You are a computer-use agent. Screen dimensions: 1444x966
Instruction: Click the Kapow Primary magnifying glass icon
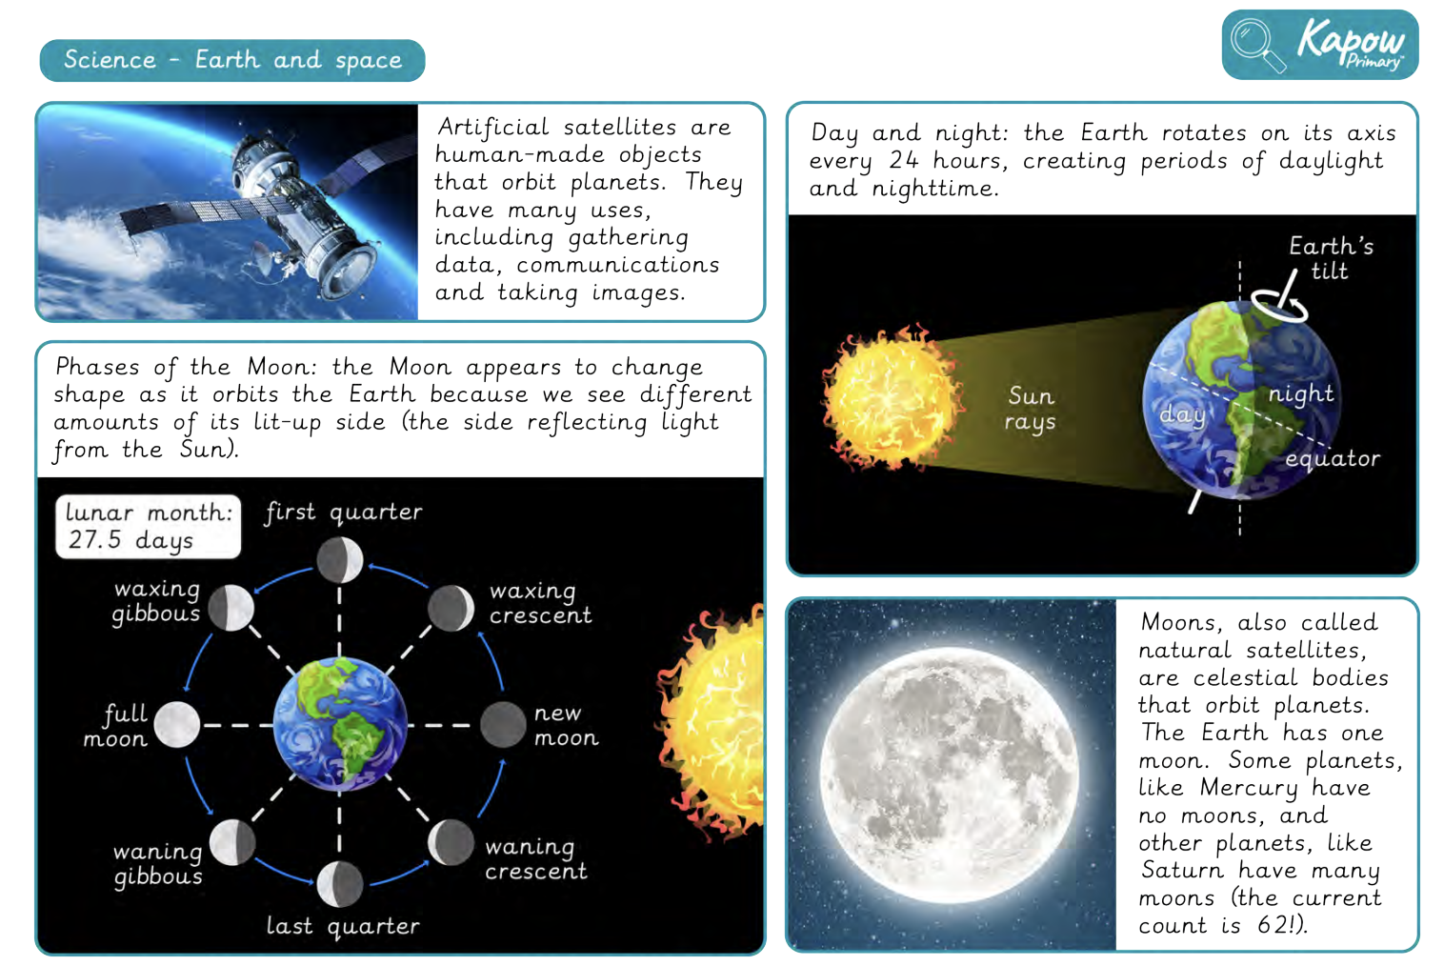1257,45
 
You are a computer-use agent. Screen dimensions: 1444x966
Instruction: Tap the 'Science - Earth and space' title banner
232,60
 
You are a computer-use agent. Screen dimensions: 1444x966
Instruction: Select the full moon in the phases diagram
176,725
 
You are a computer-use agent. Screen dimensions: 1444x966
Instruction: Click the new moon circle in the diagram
503,725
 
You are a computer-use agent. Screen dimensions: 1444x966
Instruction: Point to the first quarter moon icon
340,560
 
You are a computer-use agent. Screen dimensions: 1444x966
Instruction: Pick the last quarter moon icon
340,883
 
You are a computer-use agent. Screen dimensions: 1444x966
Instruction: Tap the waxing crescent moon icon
451,608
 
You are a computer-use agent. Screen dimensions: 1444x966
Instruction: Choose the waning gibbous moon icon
232,842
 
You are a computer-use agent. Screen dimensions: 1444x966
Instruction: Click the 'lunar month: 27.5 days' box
149,526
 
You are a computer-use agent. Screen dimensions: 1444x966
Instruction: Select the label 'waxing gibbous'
156,601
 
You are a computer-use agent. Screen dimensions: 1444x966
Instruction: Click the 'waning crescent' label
536,858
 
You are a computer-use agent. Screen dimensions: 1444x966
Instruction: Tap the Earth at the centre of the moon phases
340,723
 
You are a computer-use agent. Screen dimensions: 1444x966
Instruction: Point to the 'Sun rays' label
1031,408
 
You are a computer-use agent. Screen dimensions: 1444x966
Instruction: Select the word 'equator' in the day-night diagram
1333,459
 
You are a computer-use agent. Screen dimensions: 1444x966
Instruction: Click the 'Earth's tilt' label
1331,258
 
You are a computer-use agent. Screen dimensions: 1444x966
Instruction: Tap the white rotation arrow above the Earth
1279,305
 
